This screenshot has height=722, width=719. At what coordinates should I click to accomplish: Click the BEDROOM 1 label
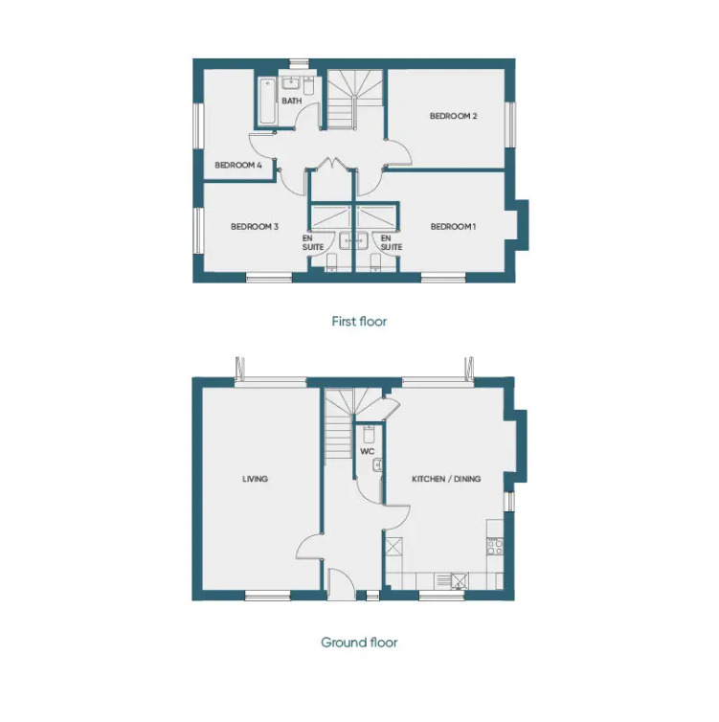(x=452, y=227)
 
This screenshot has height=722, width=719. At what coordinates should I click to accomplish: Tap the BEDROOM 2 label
(x=453, y=116)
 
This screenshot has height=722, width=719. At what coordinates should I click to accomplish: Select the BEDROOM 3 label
(x=254, y=227)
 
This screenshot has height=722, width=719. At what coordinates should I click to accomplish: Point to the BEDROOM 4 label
(x=238, y=166)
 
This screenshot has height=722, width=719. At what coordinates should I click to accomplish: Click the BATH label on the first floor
(x=292, y=100)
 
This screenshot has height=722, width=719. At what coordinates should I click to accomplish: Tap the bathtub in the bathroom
(x=265, y=102)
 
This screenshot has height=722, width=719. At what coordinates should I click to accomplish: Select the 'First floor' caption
(x=359, y=322)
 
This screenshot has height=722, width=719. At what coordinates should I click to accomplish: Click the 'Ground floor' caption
(x=359, y=643)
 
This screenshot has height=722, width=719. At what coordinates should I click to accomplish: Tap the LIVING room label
(x=255, y=479)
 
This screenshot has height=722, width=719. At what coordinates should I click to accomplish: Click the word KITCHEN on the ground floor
(x=430, y=479)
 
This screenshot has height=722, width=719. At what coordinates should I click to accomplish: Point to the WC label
(x=367, y=450)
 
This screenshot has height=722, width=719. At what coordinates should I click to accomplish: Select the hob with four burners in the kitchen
(x=495, y=546)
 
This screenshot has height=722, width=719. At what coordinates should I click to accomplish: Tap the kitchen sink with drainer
(x=451, y=579)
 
